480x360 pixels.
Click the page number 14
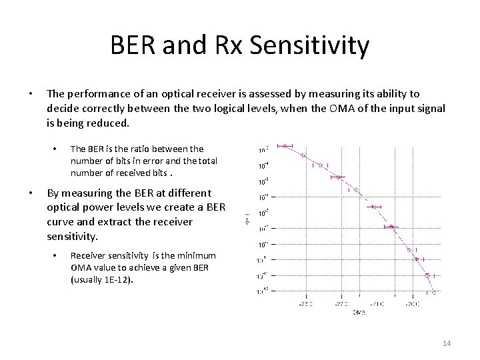click(x=447, y=343)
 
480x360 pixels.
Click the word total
click(x=207, y=161)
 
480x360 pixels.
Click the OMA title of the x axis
click(x=359, y=313)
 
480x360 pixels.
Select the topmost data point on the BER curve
click(x=285, y=145)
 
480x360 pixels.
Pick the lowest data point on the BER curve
click(x=433, y=291)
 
